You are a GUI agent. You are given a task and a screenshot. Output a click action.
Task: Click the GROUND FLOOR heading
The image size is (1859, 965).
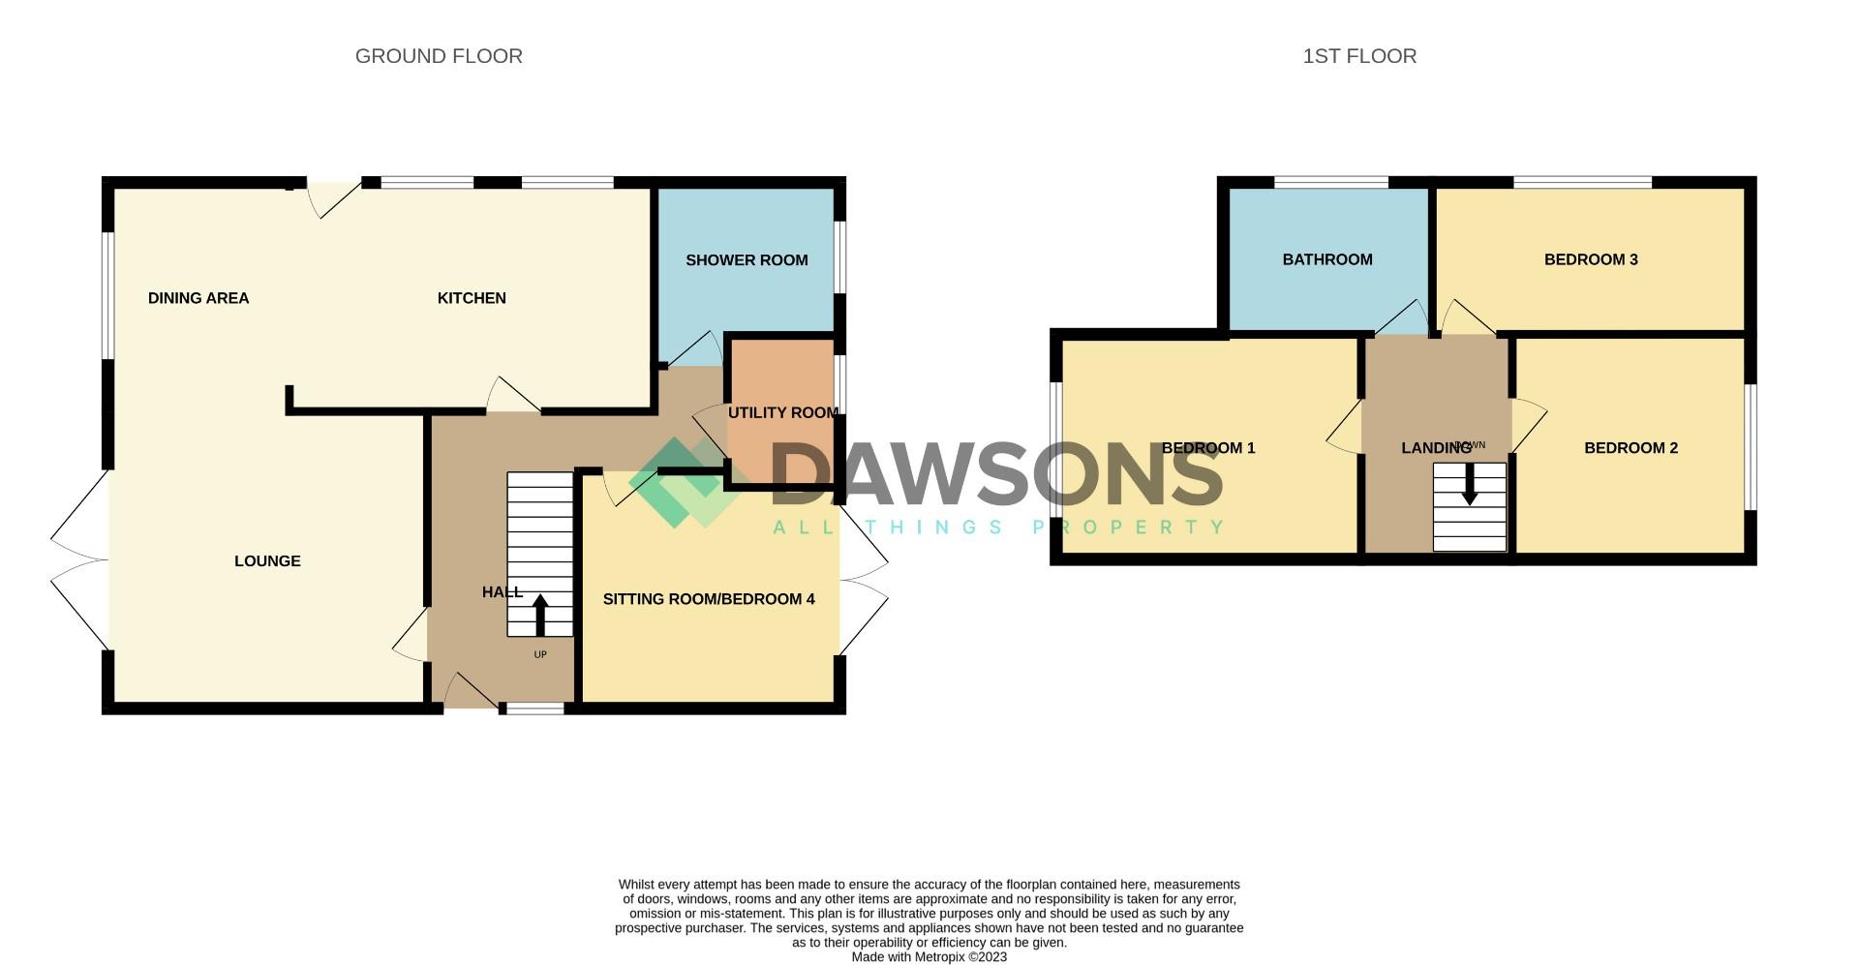(439, 56)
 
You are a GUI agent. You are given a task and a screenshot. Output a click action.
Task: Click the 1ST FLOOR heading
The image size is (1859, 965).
(1359, 56)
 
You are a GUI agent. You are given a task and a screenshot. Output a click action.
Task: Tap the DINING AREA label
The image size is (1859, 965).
(198, 298)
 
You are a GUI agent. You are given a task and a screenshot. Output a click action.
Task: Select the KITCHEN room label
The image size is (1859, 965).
(472, 298)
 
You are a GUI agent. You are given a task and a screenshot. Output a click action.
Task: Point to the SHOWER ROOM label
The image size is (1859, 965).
(747, 260)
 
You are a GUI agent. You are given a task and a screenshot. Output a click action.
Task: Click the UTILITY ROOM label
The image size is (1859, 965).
(782, 413)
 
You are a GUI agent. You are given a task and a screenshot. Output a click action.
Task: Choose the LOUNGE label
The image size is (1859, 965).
(267, 561)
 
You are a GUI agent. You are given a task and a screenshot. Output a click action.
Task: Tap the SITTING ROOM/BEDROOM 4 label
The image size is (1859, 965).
(709, 599)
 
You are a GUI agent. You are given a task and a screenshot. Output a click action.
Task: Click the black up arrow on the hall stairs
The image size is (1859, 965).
(540, 614)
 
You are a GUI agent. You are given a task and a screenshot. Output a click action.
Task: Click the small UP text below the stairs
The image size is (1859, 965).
(540, 655)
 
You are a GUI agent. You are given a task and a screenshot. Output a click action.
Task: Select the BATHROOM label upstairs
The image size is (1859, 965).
(1327, 259)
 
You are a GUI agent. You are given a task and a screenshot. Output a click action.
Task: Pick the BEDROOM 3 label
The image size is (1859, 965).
(1591, 259)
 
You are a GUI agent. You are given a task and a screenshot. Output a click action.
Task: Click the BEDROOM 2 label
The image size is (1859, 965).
(1630, 448)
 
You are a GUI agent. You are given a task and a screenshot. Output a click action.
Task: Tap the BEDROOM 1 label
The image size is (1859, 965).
(1208, 448)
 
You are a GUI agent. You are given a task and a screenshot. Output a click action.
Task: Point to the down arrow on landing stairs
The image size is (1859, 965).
(1470, 485)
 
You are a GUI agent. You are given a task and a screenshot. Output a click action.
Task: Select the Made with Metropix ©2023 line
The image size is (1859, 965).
(929, 957)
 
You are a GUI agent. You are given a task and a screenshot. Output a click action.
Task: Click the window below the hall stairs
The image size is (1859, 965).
(533, 709)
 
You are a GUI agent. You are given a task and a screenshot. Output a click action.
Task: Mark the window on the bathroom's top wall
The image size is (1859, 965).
(1330, 182)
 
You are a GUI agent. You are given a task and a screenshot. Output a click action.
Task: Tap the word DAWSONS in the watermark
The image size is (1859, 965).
(997, 474)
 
